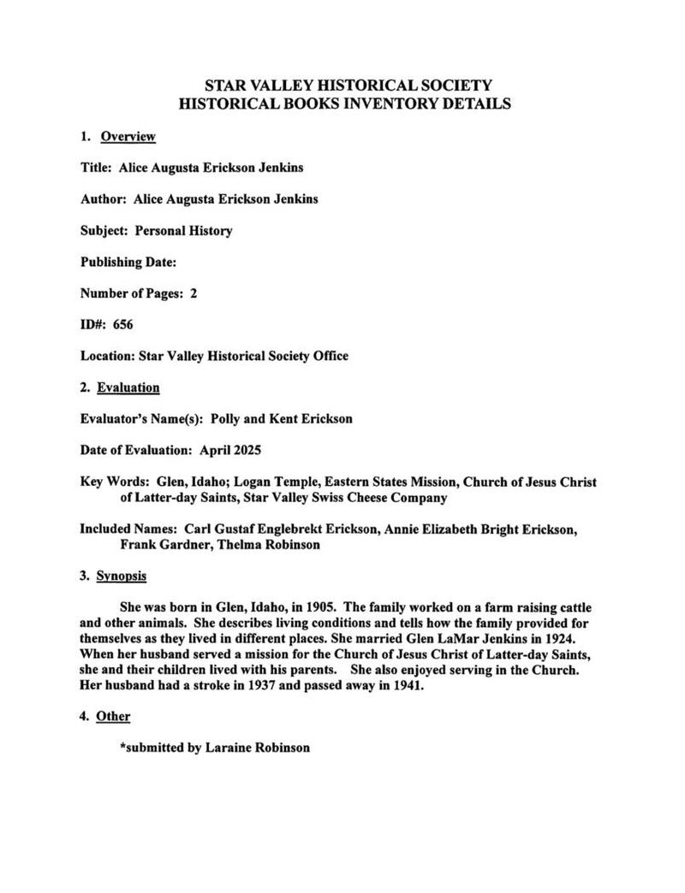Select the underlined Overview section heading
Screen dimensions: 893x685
128,137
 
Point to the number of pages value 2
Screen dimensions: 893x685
194,293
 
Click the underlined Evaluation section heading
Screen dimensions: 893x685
128,387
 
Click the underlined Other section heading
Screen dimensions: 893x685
113,716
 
